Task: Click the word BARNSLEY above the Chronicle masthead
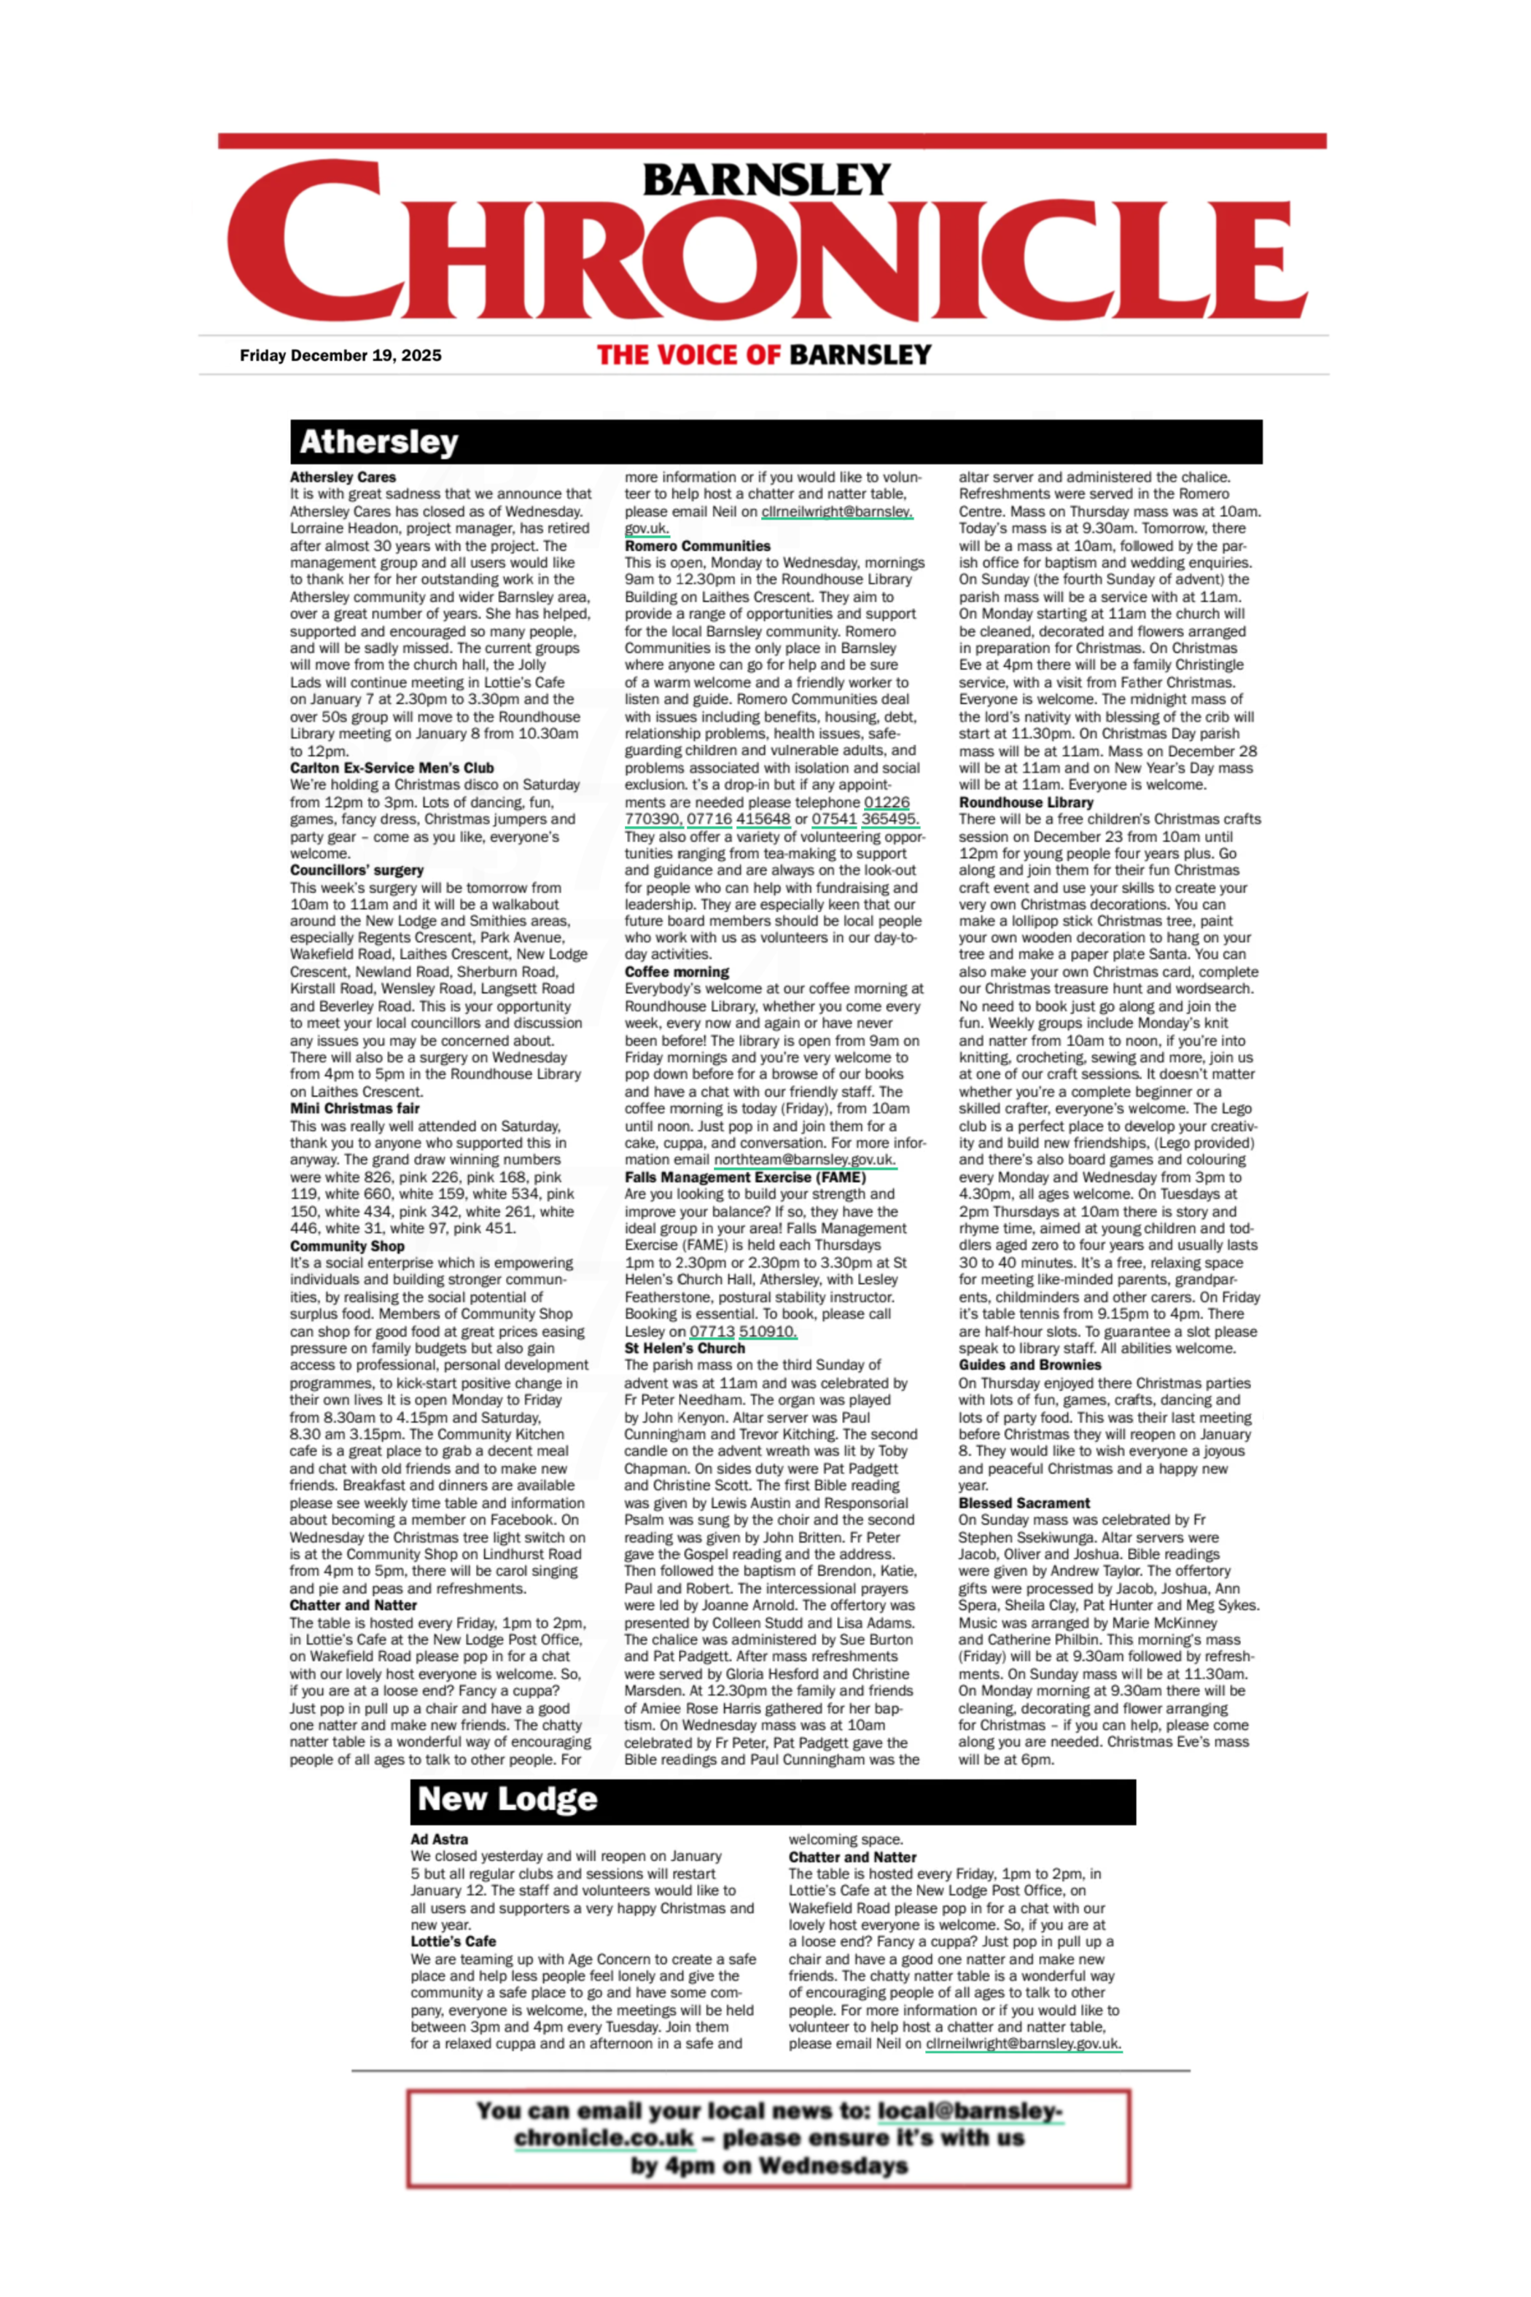tap(765, 179)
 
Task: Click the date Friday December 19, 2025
tap(340, 355)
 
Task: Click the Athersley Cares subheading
tap(342, 477)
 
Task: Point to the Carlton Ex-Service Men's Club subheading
tap(391, 768)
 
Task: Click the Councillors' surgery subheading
tap(357, 870)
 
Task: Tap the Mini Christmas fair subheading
tap(354, 1108)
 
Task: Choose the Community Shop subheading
tap(346, 1246)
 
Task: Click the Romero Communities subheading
tap(697, 546)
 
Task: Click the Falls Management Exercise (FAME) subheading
tap(745, 1177)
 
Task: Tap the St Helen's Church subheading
tap(685, 1348)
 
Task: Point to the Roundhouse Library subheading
tap(1025, 803)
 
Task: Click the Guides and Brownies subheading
tap(1029, 1365)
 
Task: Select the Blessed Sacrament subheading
tap(1024, 1502)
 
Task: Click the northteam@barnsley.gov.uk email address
tap(803, 1160)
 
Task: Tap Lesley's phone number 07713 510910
tap(742, 1332)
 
